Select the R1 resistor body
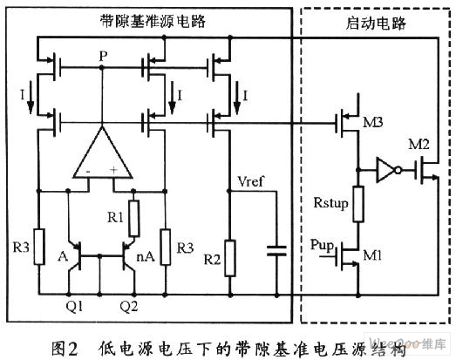tap(133, 218)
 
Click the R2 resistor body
tap(230, 258)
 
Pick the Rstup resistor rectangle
tap(358, 204)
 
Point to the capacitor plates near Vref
tap(276, 251)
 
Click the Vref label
tap(250, 181)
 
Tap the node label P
tap(103, 56)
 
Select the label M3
tap(373, 122)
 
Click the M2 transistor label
tap(419, 144)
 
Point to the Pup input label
tap(322, 245)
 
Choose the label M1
tap(372, 255)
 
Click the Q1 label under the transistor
tap(74, 307)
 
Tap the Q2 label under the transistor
tap(129, 307)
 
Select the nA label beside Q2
tap(146, 256)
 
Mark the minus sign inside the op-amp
tap(88, 172)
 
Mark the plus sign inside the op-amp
tap(113, 170)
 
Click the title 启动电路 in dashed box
tap(376, 24)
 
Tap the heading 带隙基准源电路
tap(153, 21)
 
